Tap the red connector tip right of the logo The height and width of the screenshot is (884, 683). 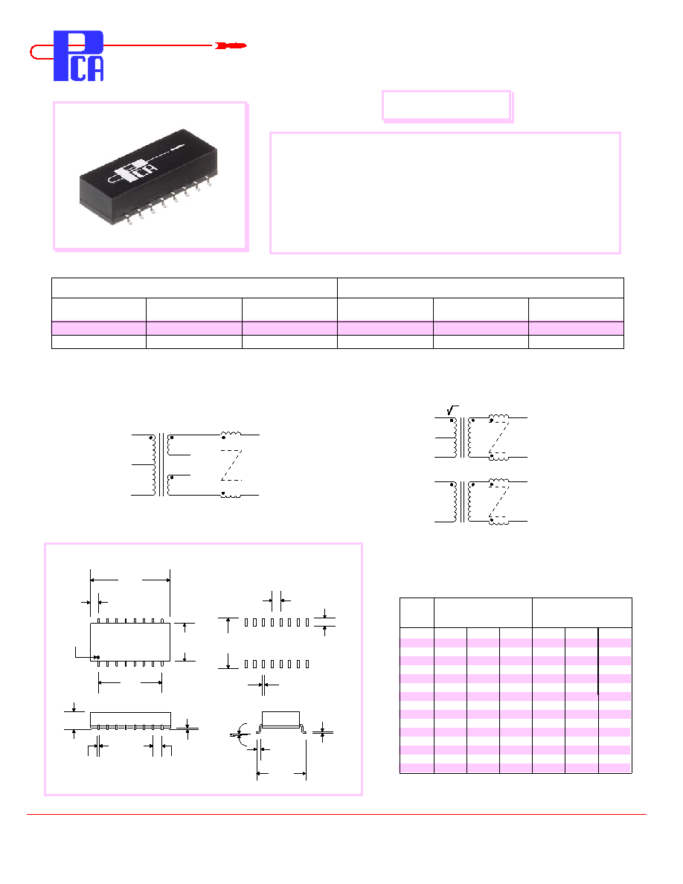231,45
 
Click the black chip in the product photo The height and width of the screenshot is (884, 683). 148,176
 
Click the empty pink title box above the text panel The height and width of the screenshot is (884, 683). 446,106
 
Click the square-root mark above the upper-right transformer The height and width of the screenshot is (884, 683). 452,410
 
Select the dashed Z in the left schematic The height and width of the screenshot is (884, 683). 231,465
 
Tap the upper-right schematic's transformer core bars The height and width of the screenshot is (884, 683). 463,438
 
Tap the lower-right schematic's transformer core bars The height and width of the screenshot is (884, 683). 463,502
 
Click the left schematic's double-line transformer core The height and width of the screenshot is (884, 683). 161,465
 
